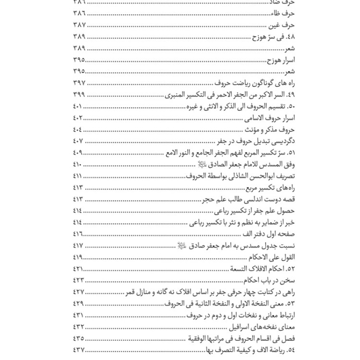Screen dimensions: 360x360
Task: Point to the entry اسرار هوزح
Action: [280, 60]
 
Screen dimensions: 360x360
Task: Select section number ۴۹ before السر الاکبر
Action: [291, 95]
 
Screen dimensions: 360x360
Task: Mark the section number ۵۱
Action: [291, 152]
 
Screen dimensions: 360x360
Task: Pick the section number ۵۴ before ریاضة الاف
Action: [291, 349]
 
